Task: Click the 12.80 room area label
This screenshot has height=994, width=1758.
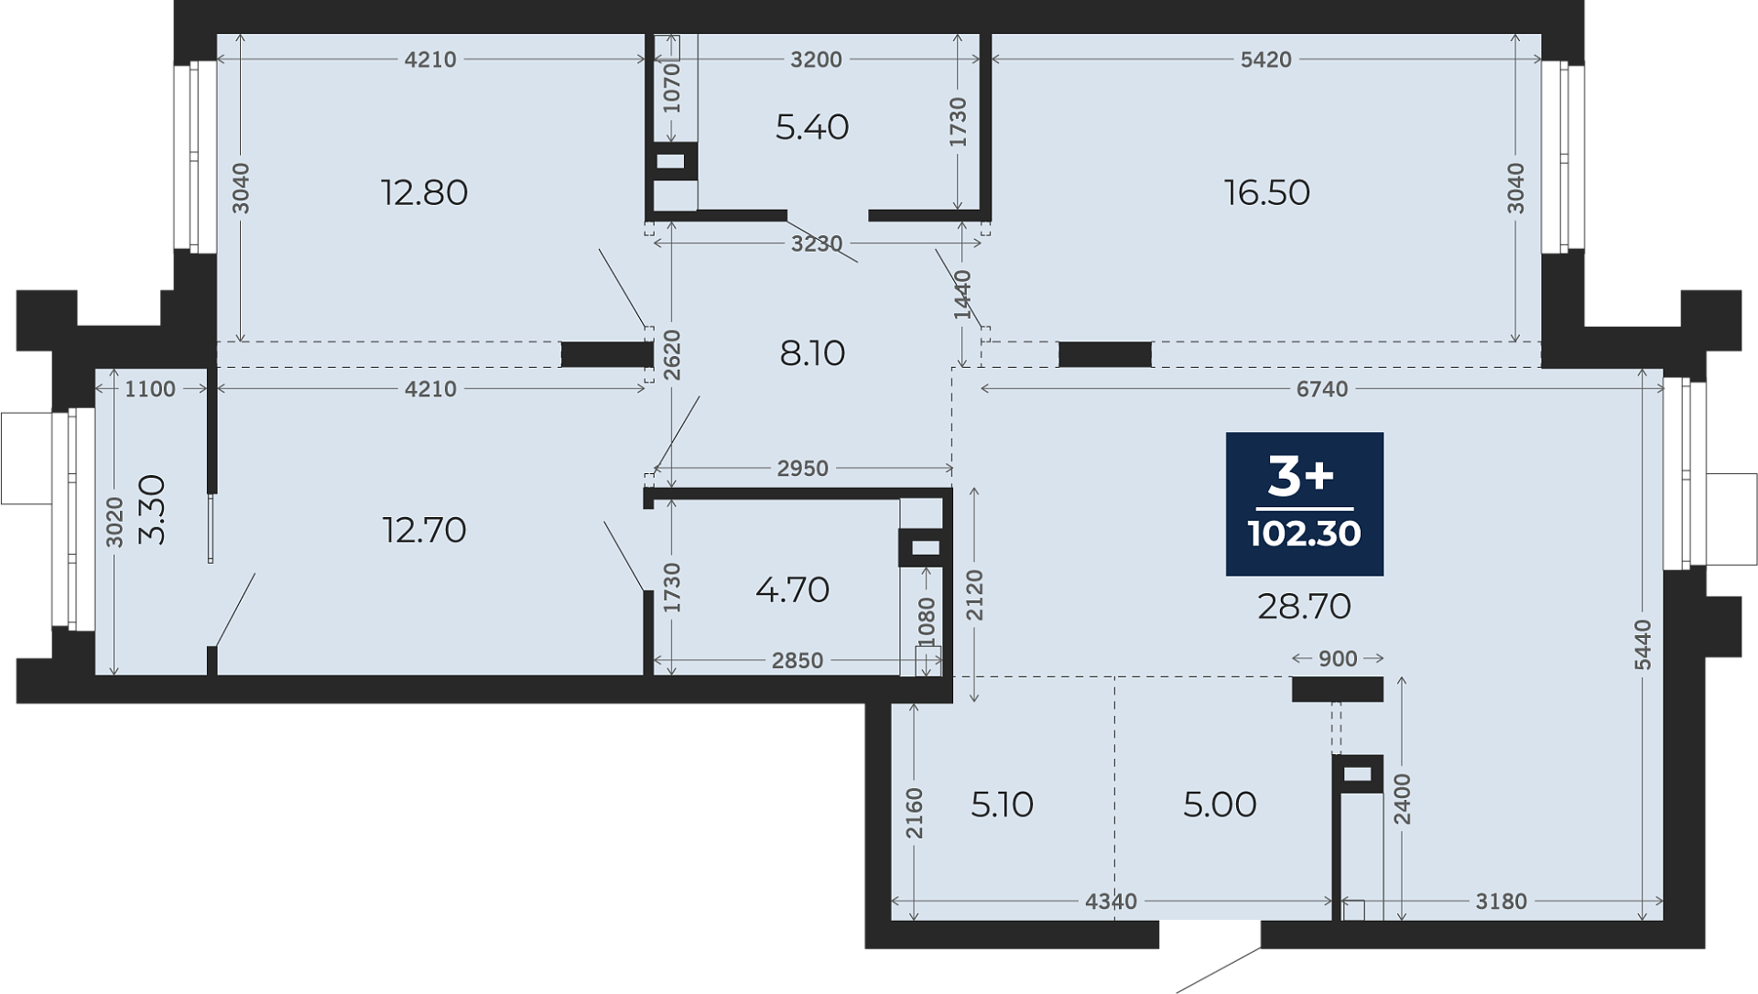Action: pos(424,193)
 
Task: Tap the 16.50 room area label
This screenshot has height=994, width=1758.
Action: pos(1267,193)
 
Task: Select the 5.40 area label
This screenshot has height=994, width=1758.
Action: pos(812,127)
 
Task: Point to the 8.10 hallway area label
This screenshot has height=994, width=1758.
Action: pos(812,353)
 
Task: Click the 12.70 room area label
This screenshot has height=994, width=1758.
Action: pos(424,530)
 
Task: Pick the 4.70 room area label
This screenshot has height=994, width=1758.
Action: pos(793,590)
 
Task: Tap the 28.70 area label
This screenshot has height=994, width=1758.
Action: pos(1304,607)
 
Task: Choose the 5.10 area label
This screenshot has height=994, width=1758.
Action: pos(1002,805)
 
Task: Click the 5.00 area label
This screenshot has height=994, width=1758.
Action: pos(1220,805)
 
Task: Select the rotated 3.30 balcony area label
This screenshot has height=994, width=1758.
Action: pos(152,510)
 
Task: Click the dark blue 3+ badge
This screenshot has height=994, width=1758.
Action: pos(1304,503)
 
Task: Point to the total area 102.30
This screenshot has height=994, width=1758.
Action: pos(1304,534)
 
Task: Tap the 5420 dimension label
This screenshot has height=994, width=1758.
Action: pos(1265,59)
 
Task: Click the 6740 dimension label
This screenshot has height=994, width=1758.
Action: pos(1322,389)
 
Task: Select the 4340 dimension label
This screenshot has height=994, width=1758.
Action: pos(1111,902)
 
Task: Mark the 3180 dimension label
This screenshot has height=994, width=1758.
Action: pos(1502,902)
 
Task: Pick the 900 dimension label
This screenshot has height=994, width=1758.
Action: pos(1338,659)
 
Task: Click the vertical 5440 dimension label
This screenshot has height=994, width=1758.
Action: pos(1644,644)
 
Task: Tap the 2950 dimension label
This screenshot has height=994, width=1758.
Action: pos(802,469)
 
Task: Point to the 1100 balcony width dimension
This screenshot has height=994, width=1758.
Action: pos(150,389)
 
